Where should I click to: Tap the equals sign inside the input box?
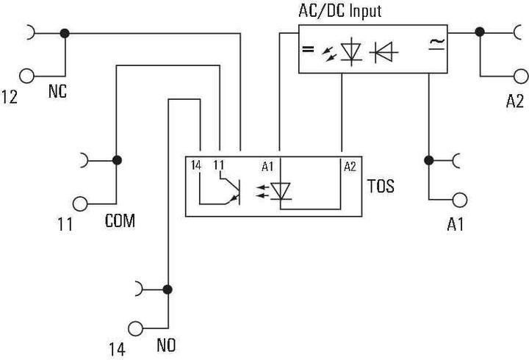point(307,51)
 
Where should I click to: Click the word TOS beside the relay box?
point(381,187)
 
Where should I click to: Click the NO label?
point(165,344)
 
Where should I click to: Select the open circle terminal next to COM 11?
point(81,202)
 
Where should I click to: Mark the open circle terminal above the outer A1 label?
point(459,199)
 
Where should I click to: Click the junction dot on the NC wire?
point(65,33)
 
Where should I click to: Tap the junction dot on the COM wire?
point(116,159)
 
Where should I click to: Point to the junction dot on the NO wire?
point(168,289)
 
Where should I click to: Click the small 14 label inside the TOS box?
point(195,166)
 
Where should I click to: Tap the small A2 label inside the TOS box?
point(350,167)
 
